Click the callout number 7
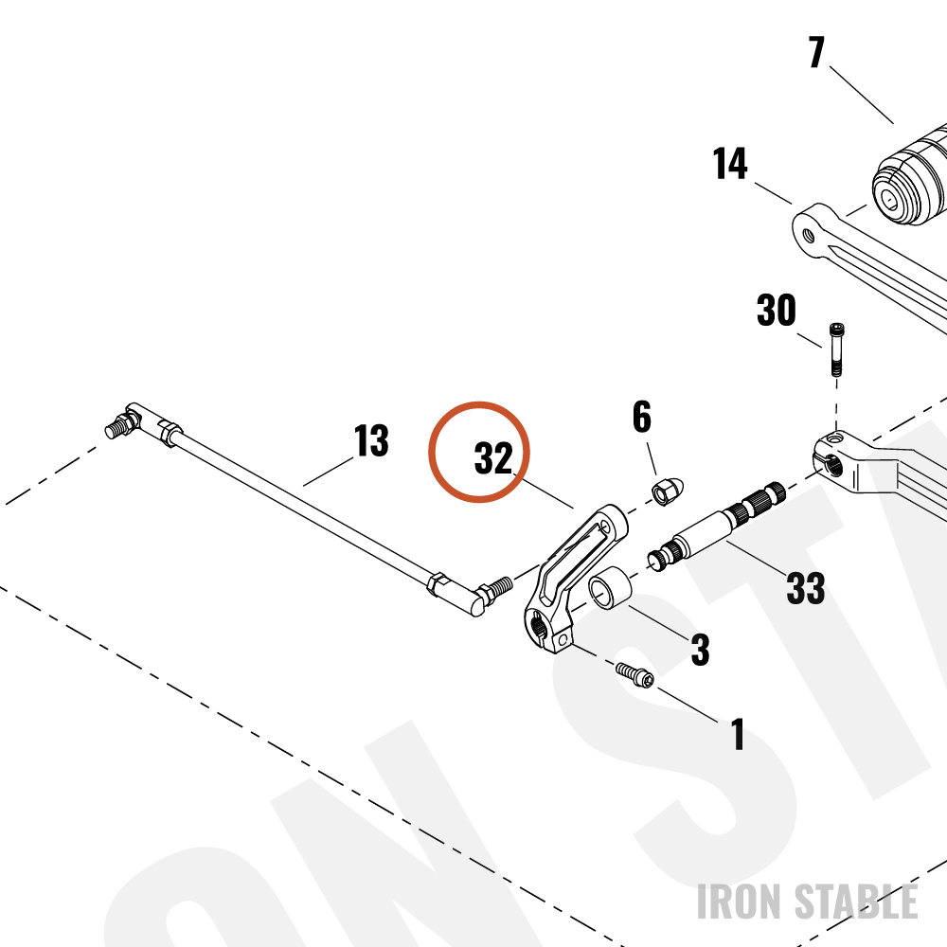[816, 52]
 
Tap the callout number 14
[730, 164]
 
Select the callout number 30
[777, 311]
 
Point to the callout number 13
[371, 440]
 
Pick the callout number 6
[642, 417]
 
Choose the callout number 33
[806, 587]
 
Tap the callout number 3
[700, 650]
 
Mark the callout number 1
[738, 734]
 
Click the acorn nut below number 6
[668, 491]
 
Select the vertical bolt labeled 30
[836, 349]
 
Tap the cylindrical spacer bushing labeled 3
[610, 588]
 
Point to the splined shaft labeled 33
[716, 527]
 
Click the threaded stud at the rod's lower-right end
[498, 588]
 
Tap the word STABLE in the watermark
[856, 902]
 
